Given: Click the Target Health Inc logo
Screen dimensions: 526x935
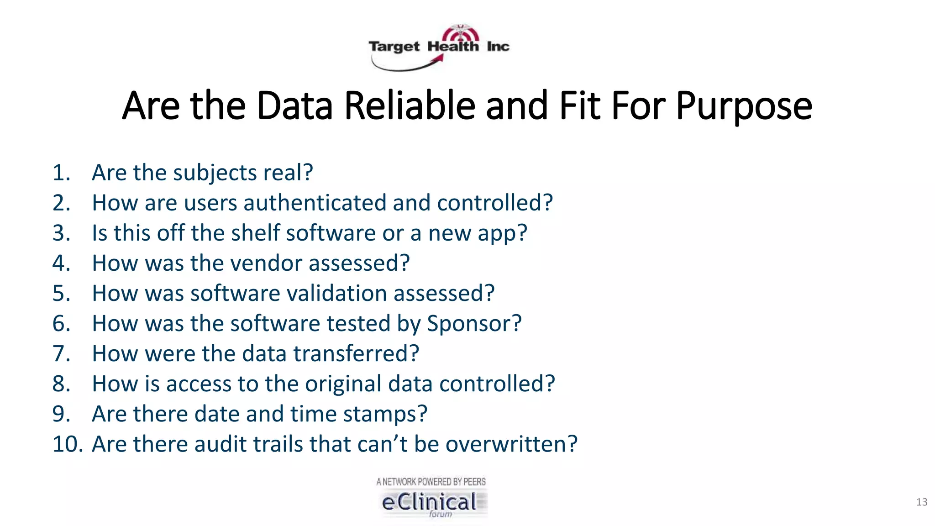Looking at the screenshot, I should [x=439, y=47].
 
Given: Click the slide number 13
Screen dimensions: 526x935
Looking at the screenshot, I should [x=921, y=502].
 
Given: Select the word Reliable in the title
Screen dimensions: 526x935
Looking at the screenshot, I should [x=410, y=106].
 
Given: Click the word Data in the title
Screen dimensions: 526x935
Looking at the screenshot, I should [x=294, y=106].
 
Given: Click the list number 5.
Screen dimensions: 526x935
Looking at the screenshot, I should [x=61, y=293].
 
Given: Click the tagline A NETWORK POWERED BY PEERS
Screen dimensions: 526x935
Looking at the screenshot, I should [x=431, y=482].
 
